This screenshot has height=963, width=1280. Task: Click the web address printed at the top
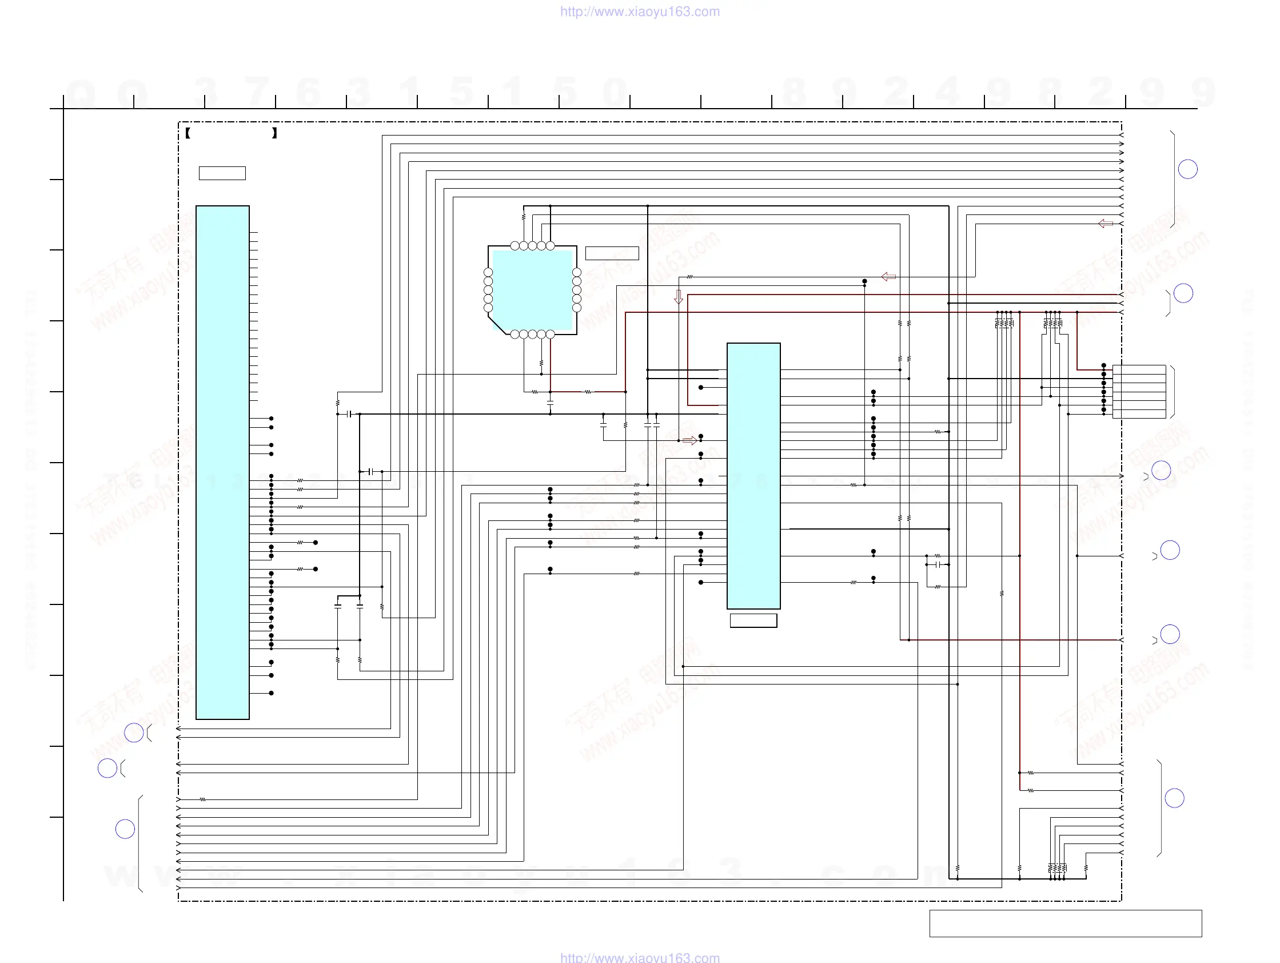[x=639, y=11]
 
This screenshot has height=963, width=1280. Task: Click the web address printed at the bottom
[x=639, y=957]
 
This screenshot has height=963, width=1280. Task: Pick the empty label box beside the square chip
[x=612, y=253]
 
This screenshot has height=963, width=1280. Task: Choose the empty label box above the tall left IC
[x=222, y=173]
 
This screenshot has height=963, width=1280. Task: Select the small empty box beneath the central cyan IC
[x=753, y=620]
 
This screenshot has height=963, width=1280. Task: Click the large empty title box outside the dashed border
[x=1065, y=923]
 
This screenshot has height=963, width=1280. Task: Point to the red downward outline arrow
[x=679, y=297]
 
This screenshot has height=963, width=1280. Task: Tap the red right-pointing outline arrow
[x=689, y=441]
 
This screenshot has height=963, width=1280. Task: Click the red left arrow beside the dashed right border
[x=1105, y=224]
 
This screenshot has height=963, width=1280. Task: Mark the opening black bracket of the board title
[x=188, y=133]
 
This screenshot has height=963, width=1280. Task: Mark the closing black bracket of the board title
[x=274, y=133]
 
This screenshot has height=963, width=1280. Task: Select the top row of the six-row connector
[x=1139, y=369]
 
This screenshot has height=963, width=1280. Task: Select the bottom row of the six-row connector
[x=1139, y=414]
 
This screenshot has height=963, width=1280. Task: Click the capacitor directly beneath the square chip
[x=550, y=401]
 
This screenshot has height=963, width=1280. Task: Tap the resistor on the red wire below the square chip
[x=588, y=392]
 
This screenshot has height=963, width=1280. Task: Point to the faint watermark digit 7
[x=257, y=91]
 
